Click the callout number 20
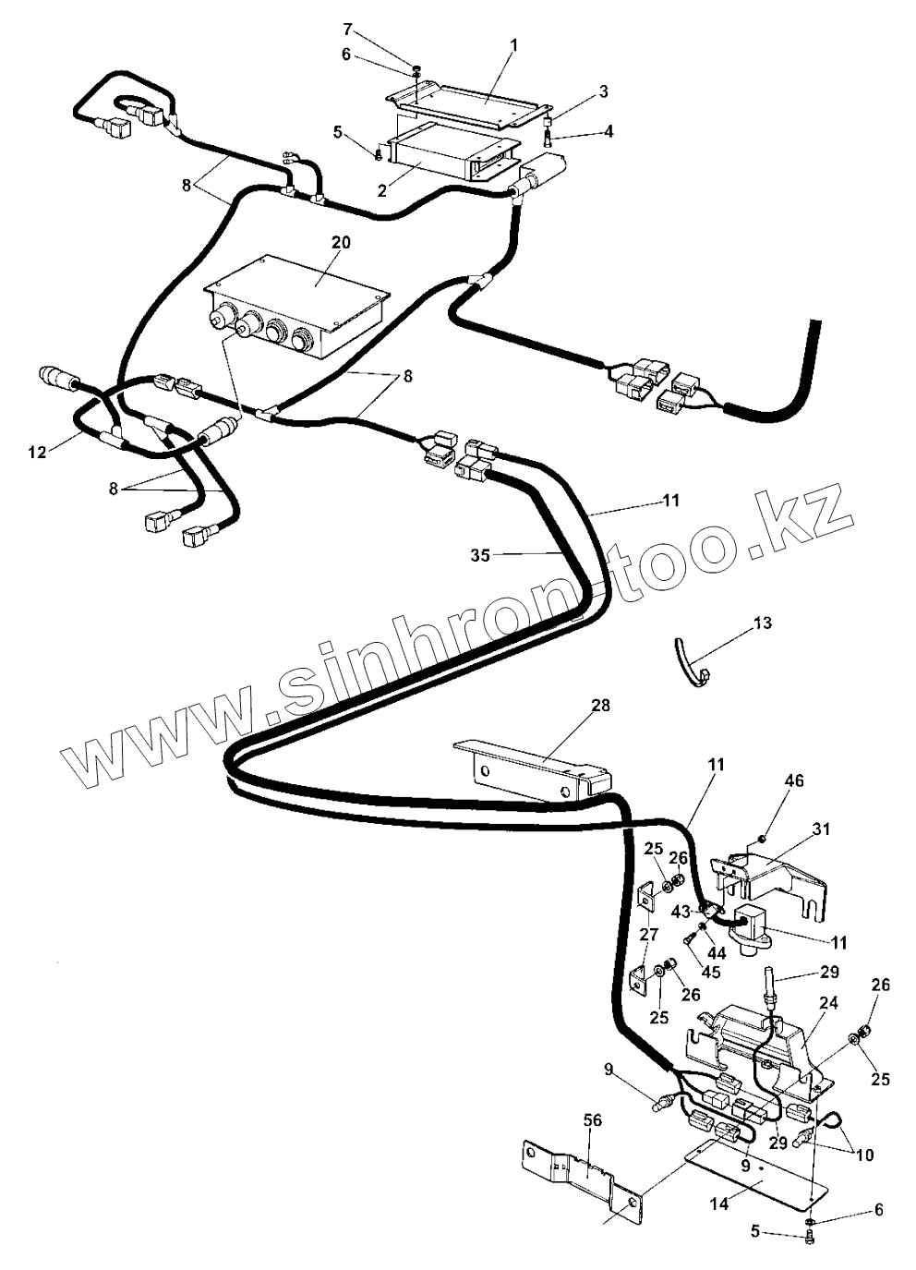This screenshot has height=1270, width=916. (x=341, y=242)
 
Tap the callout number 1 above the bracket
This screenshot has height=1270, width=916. (x=513, y=44)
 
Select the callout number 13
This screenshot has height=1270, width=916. (x=762, y=623)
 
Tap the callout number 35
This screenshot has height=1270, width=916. (x=479, y=555)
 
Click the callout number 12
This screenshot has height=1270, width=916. (x=36, y=452)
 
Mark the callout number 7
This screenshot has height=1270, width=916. (x=347, y=29)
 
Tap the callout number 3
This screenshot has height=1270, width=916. (x=603, y=91)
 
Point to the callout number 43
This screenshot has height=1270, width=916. (x=681, y=912)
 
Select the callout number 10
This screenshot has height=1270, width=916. (x=864, y=1154)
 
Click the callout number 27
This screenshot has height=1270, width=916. (x=651, y=934)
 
